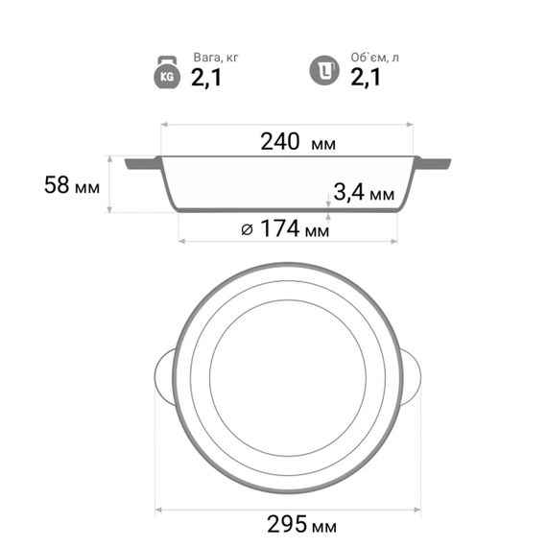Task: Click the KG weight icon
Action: tap(167, 72)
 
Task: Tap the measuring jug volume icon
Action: tap(324, 70)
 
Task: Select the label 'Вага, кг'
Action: tap(216, 58)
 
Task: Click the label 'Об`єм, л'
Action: tap(374, 58)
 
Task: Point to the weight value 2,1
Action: tap(206, 78)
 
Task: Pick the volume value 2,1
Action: tap(366, 77)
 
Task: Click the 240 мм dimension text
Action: tap(298, 142)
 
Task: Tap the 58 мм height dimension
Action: tap(72, 185)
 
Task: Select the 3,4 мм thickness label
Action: tap(364, 192)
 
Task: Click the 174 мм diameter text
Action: tap(295, 228)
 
